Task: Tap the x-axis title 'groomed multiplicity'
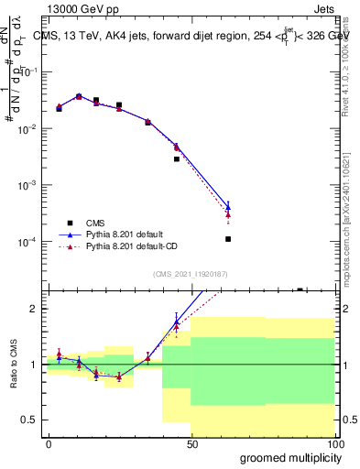coord(286,456)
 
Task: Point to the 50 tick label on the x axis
coord(191,444)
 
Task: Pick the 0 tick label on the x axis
coord(49,444)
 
